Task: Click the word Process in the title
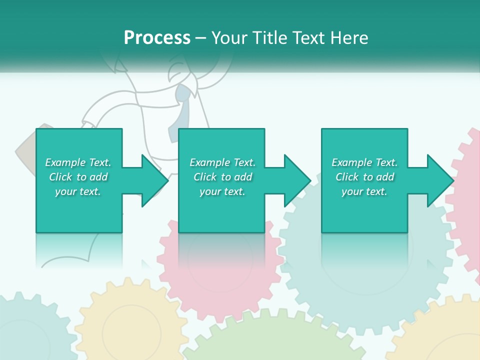(157, 38)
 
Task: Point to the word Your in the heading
(230, 38)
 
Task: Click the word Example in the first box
(65, 162)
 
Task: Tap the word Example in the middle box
(210, 162)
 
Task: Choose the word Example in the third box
(352, 162)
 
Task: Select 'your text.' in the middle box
(222, 191)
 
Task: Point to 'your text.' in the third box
(364, 191)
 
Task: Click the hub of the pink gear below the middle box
(220, 260)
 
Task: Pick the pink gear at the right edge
(467, 200)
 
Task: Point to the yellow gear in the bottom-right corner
(445, 335)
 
